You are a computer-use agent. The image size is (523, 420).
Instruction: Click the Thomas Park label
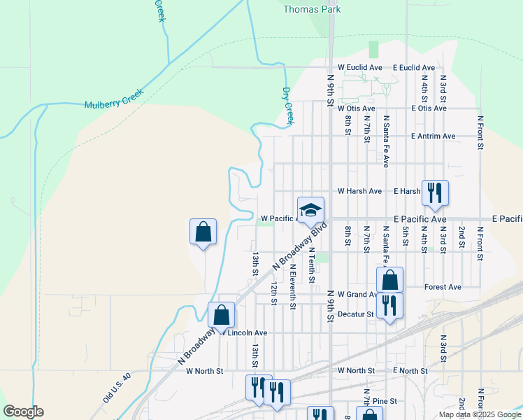pos(312,10)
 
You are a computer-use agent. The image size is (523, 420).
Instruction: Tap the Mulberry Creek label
pos(113,98)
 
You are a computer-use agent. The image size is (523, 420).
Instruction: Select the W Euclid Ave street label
pos(359,67)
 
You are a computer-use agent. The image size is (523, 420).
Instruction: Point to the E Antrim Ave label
pos(434,136)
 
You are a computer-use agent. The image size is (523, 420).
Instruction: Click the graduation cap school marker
pos(311,209)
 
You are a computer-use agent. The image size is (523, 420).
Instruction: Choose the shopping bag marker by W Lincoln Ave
pos(221,316)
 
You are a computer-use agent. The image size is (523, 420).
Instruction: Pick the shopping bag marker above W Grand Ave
pos(390,280)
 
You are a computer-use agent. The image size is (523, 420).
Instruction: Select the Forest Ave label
pos(443,287)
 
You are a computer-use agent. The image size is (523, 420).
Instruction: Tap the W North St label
pos(204,370)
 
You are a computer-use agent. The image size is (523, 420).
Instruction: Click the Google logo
pos(23,412)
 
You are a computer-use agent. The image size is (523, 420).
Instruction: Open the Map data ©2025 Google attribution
pos(479,414)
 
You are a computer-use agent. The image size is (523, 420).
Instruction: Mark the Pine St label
pos(385,401)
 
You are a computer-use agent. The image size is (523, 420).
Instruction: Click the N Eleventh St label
pos(293,286)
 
